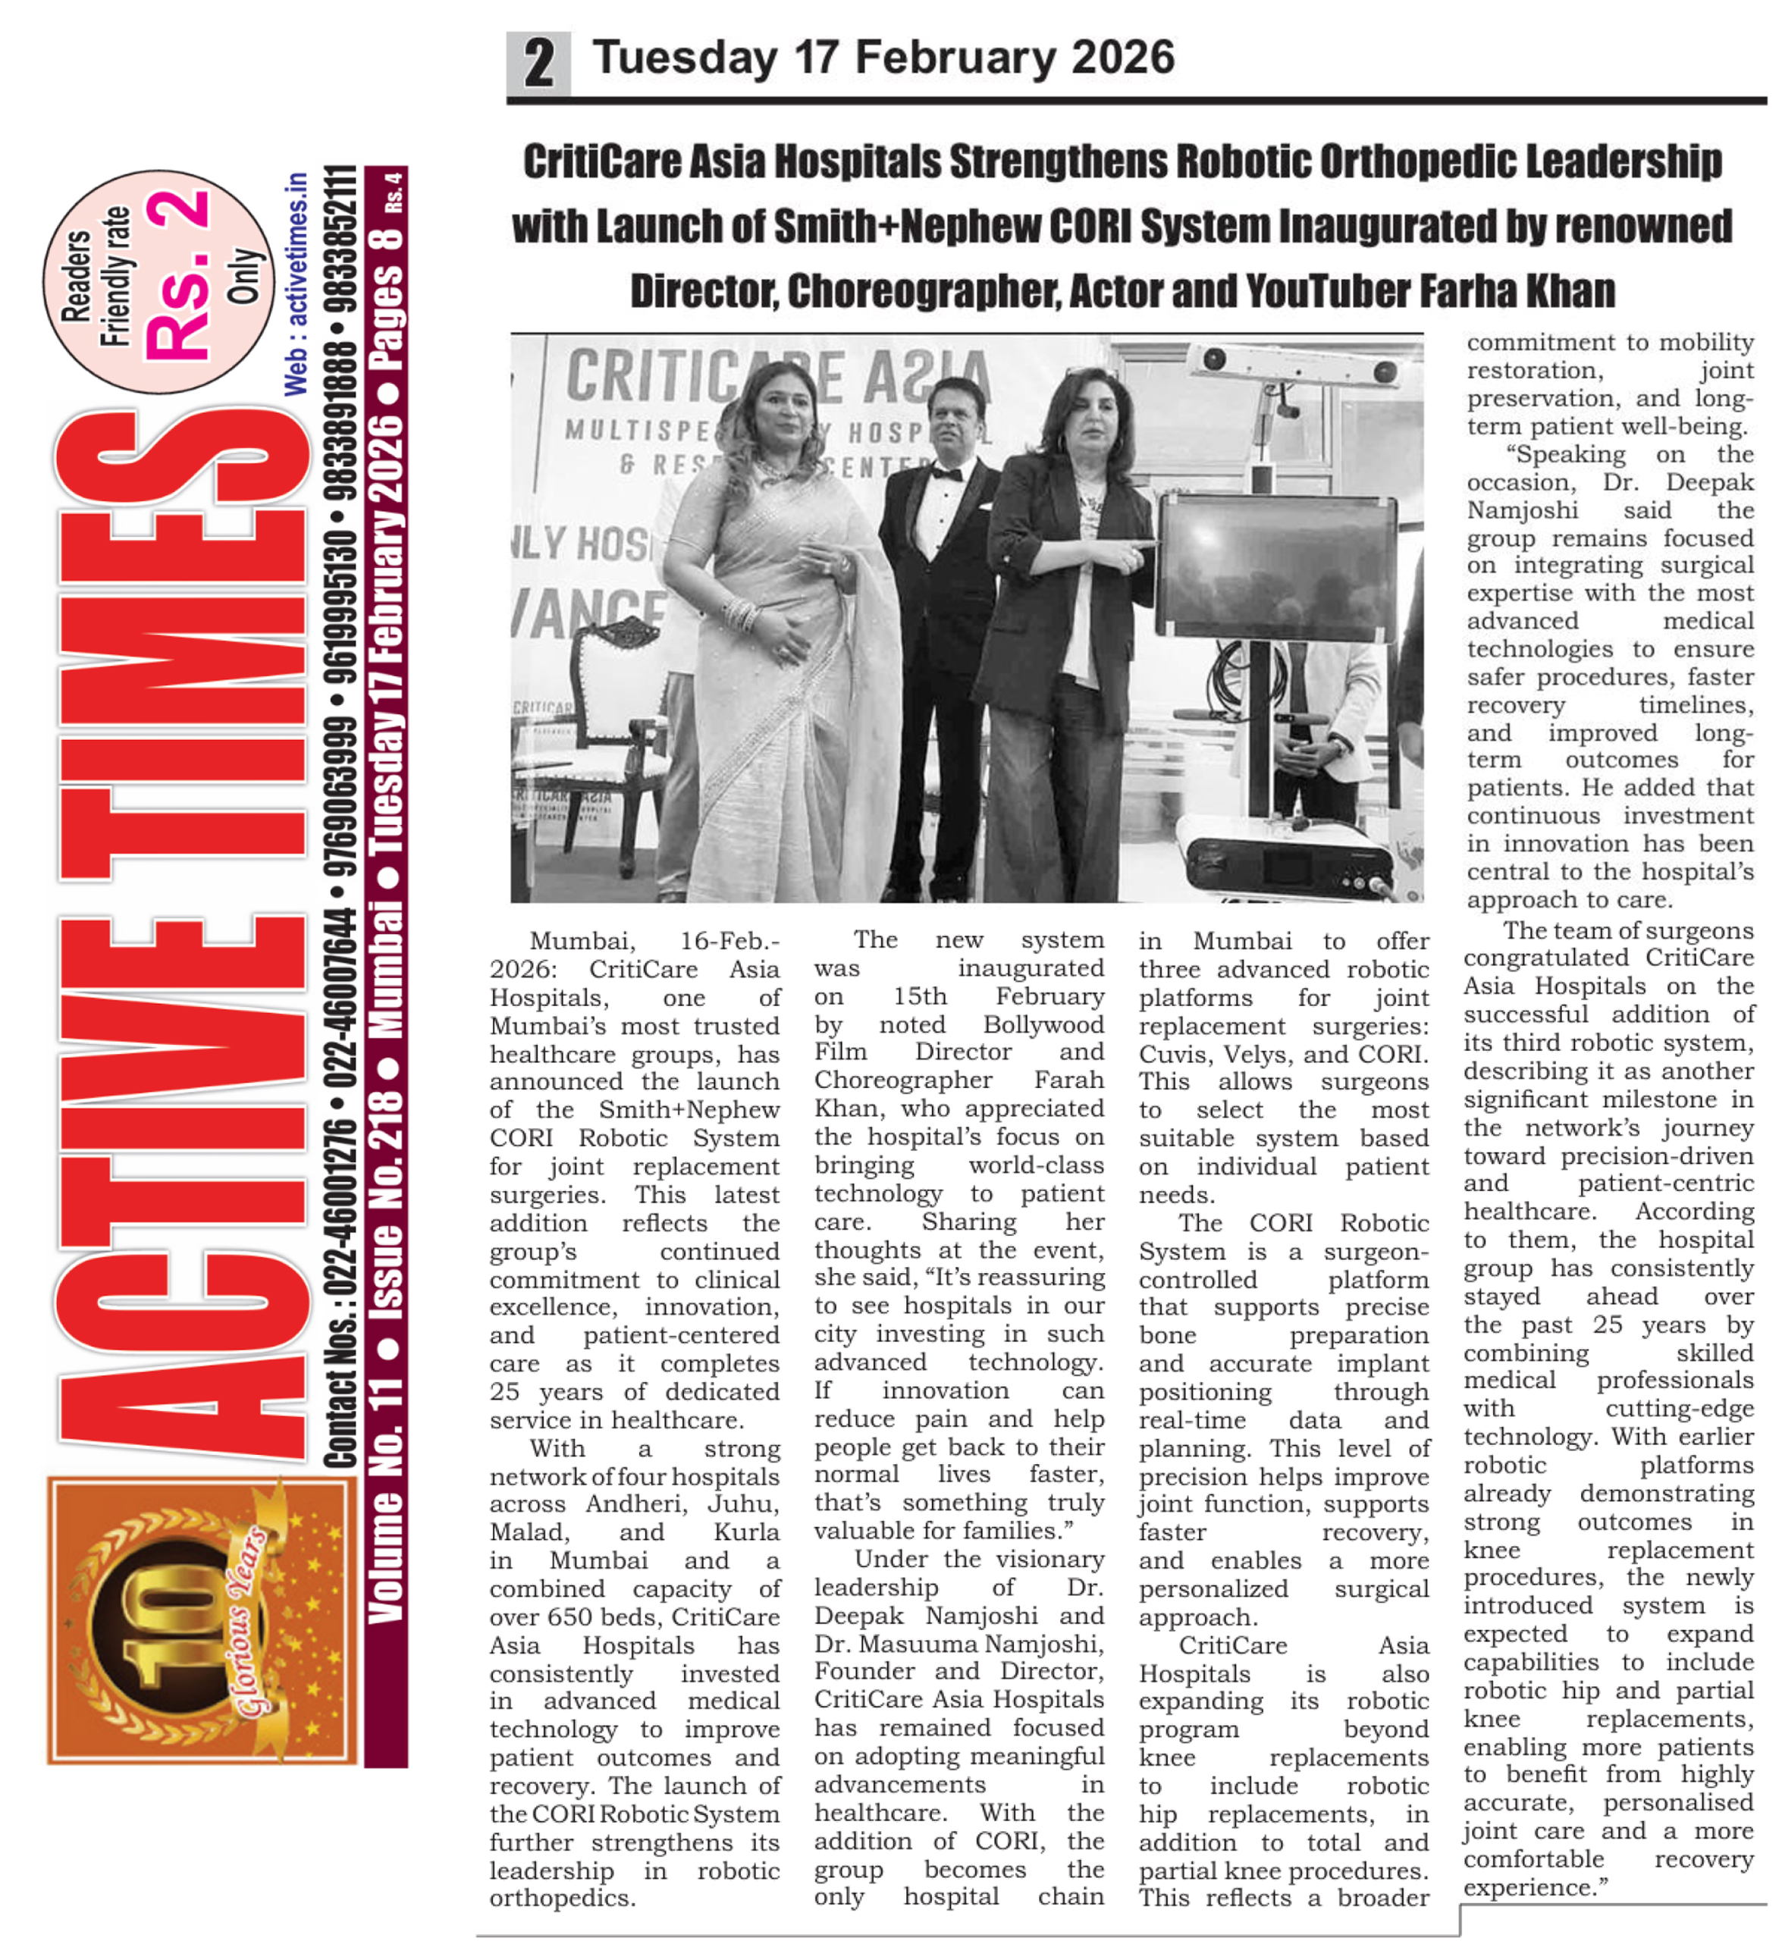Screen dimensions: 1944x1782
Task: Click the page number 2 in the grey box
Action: coord(538,64)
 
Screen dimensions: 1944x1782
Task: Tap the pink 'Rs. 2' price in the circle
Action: coord(177,277)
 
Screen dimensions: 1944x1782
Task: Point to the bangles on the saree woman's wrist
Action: coord(742,614)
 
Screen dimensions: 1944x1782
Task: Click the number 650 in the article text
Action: coord(566,1617)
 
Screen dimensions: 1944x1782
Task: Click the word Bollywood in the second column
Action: coord(1043,1024)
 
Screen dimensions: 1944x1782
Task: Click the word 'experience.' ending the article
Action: coord(1533,1887)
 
